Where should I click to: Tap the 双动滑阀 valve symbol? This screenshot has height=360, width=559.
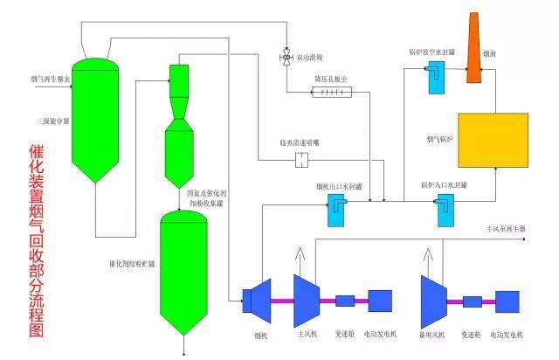286,58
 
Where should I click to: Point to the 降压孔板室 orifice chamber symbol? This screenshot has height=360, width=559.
330,92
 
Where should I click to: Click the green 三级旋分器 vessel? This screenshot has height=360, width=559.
95,118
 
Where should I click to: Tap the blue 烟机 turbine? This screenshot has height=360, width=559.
259,300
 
